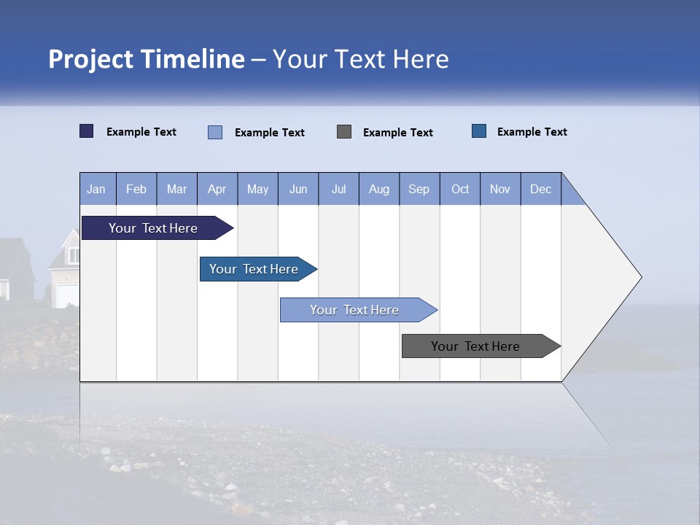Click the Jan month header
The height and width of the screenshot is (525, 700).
[x=97, y=189]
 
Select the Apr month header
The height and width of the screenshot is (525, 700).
[x=217, y=189]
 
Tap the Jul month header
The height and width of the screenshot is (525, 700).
[x=338, y=189]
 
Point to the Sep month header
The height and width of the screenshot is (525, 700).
[x=419, y=189]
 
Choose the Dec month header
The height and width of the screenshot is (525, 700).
[x=540, y=189]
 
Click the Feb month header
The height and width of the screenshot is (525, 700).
[x=136, y=189]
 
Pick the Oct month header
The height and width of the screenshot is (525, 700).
[x=460, y=189]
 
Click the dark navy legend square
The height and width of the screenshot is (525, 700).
[x=87, y=131]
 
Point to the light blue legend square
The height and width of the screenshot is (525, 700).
[x=215, y=132]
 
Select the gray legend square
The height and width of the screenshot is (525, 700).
[x=344, y=131]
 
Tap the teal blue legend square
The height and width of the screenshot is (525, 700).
[x=479, y=131]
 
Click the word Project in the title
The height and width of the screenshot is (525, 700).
[x=90, y=59]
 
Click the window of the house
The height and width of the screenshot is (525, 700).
[x=74, y=255]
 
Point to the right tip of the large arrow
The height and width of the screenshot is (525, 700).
[x=639, y=277]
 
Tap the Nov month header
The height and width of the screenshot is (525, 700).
[x=500, y=189]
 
